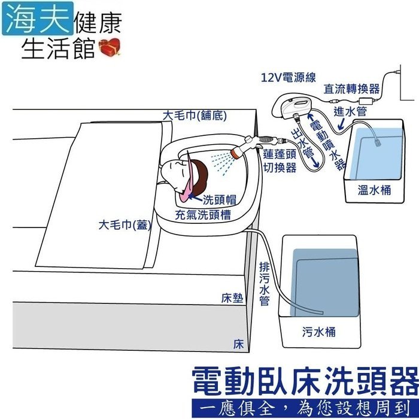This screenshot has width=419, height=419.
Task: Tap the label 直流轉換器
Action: [352, 89]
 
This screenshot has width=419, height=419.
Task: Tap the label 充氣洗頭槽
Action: [204, 214]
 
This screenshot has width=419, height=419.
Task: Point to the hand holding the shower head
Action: [245, 145]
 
